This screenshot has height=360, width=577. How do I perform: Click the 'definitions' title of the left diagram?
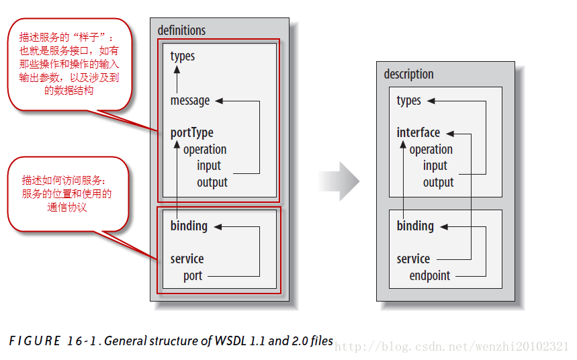pyautogui.click(x=181, y=30)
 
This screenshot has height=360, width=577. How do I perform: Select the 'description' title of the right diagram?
pyautogui.click(x=408, y=74)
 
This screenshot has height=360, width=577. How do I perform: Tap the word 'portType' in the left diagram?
pyautogui.click(x=191, y=133)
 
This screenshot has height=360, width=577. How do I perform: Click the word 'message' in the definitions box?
pyautogui.click(x=190, y=101)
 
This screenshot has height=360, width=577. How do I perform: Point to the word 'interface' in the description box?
pyautogui.click(x=418, y=133)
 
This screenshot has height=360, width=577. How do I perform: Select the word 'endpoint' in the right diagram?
pyautogui.click(x=430, y=275)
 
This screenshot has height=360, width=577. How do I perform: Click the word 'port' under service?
pyautogui.click(x=193, y=275)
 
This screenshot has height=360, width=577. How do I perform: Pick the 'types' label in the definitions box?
pyautogui.click(x=183, y=56)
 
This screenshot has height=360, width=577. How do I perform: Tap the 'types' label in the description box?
pyautogui.click(x=409, y=101)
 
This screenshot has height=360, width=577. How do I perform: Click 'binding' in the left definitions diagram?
pyautogui.click(x=189, y=226)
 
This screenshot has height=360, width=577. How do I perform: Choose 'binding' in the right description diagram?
pyautogui.click(x=415, y=226)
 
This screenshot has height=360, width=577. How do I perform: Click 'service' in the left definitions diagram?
pyautogui.click(x=187, y=259)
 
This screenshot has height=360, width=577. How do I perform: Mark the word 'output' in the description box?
pyautogui.click(x=438, y=182)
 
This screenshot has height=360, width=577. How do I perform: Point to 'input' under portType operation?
pyautogui.click(x=209, y=165)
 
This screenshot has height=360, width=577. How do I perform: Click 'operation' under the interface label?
pyautogui.click(x=431, y=149)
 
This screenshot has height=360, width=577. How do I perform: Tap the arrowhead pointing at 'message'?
pyautogui.click(x=219, y=101)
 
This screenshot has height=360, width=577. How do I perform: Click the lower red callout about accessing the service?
pyautogui.click(x=66, y=194)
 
